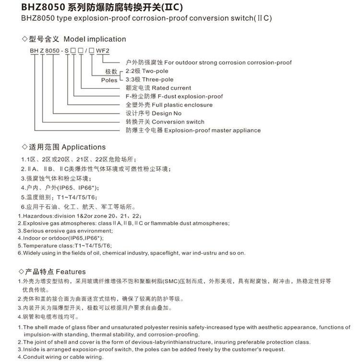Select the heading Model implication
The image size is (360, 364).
pyautogui.click(x=95, y=39)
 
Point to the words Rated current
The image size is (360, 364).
pyautogui.click(x=171, y=88)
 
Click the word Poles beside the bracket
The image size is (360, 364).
pyautogui.click(x=109, y=80)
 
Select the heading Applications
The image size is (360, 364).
pyautogui.click(x=84, y=147)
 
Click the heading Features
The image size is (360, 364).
pyautogui.click(x=71, y=271)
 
